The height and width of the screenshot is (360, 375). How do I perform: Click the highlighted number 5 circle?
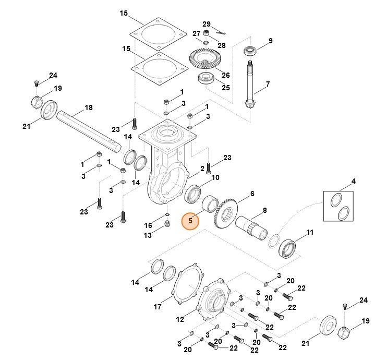(x=190, y=221)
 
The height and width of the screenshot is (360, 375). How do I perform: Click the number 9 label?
(x=270, y=41)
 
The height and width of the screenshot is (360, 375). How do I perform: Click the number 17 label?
(x=158, y=307)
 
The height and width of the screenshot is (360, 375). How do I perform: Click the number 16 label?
(x=148, y=225)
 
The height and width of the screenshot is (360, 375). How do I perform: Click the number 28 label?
(x=222, y=45)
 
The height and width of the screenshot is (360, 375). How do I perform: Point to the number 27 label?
(x=197, y=33)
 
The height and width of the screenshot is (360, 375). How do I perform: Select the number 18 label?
(x=88, y=107)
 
